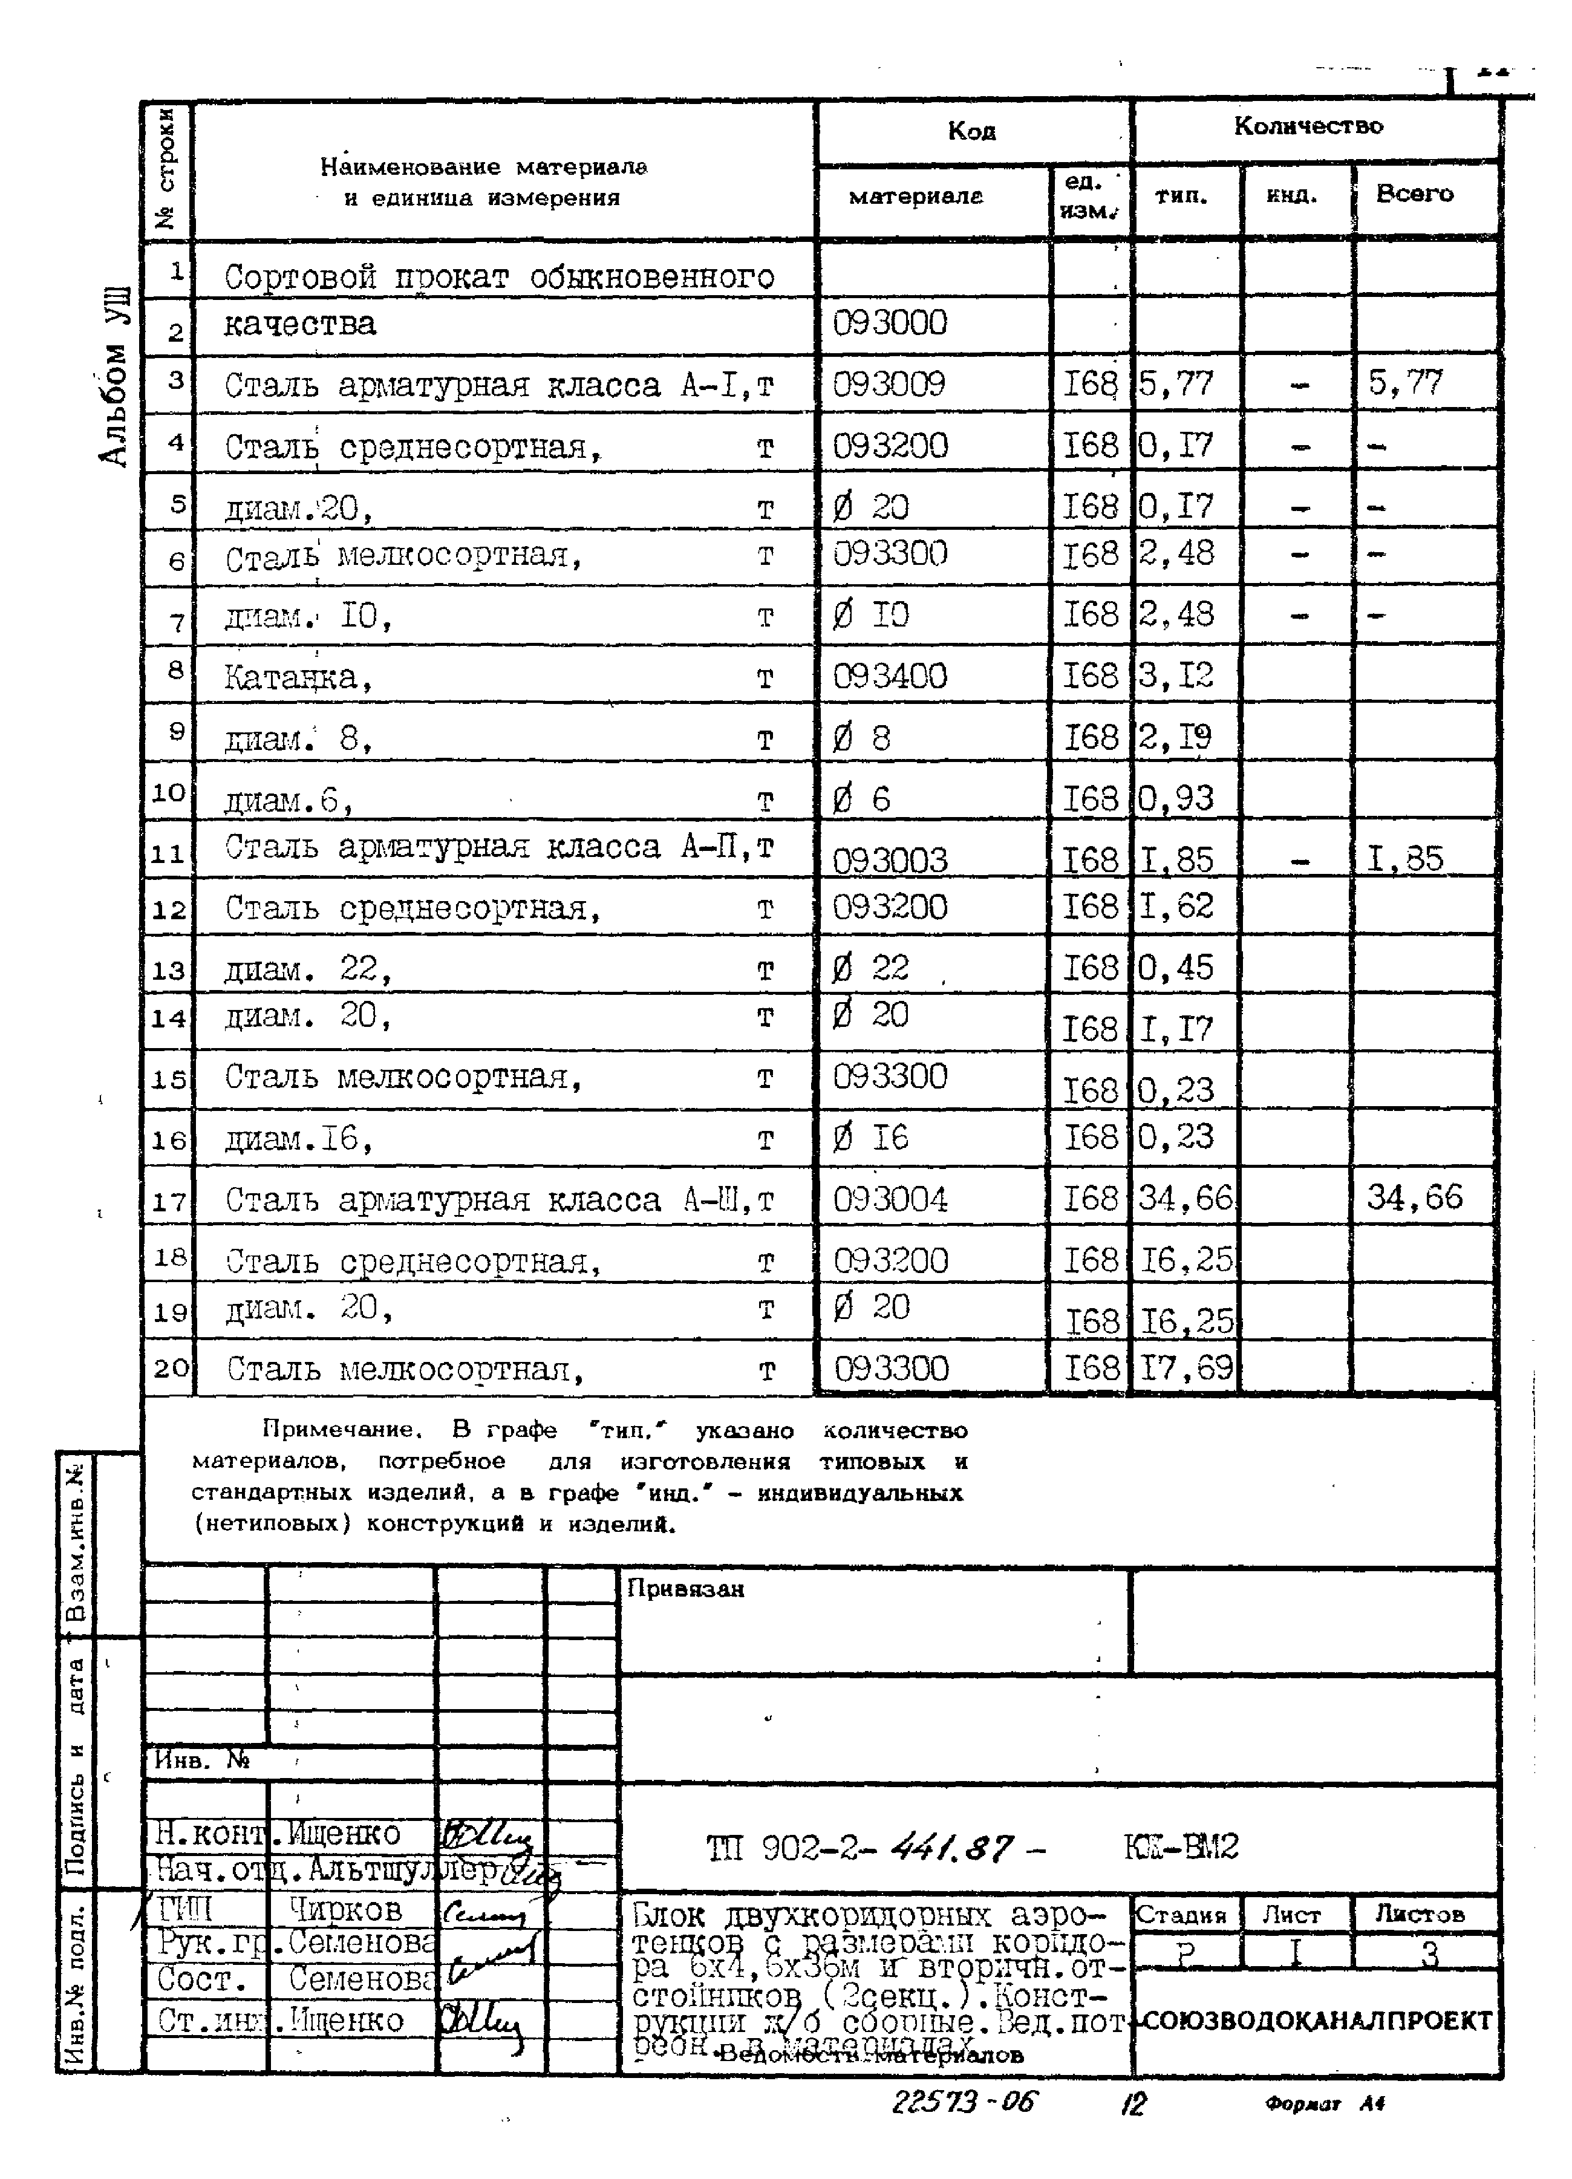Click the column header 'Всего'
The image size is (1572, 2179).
pos(1414,194)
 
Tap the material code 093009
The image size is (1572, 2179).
pos(889,384)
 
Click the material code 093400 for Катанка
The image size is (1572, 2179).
pos(889,676)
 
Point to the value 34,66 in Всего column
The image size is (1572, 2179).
pos(1414,1198)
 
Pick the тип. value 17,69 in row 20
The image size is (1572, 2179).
pos(1186,1367)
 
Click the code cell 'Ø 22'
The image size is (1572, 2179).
pos(870,968)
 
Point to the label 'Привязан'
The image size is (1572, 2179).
pos(685,1589)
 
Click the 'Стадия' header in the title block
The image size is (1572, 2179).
pos(1181,1915)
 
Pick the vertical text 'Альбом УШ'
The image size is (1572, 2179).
pos(114,376)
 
